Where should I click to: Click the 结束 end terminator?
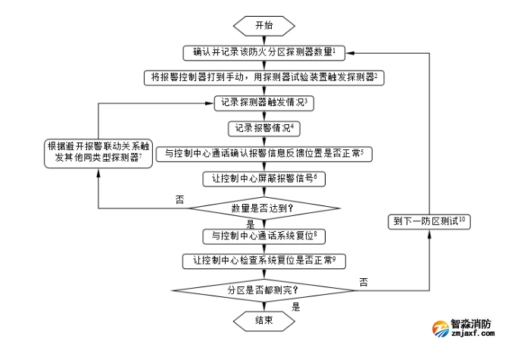(x=264, y=321)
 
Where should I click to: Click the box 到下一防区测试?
(x=429, y=222)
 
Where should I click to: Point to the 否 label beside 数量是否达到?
(x=179, y=199)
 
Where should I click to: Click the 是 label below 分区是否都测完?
(x=296, y=307)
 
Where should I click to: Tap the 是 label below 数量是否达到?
(x=251, y=224)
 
